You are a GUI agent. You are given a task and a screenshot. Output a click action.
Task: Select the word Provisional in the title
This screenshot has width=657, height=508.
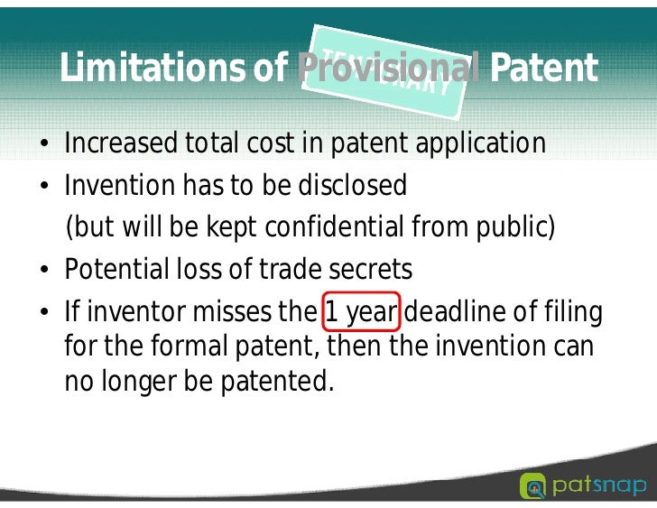pyautogui.click(x=387, y=69)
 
